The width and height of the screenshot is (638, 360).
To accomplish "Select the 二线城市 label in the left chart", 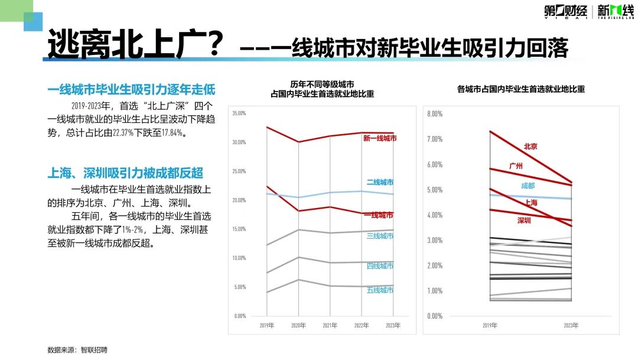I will tap(380, 183).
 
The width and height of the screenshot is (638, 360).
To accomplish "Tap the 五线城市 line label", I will tap(380, 290).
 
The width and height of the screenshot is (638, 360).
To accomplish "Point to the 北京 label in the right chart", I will tap(530, 147).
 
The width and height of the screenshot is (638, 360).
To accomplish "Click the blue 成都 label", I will tap(528, 186).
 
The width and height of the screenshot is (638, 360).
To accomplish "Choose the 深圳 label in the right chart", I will tap(524, 220).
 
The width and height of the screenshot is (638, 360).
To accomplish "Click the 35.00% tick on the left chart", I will tap(239, 113).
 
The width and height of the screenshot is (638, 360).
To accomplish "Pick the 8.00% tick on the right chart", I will tap(435, 113).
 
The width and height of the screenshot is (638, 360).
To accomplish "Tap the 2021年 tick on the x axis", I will tap(330, 326).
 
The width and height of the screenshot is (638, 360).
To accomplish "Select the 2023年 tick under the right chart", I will tap(571, 326).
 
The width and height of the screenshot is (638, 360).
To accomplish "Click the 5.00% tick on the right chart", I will tap(435, 190).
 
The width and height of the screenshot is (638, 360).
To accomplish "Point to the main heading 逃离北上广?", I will tap(135, 44).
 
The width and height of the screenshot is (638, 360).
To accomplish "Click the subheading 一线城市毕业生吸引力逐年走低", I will tap(131, 90).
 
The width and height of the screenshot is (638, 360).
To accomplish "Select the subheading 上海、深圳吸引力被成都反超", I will tap(125, 173).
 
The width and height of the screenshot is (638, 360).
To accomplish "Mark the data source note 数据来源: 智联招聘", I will tap(77, 350).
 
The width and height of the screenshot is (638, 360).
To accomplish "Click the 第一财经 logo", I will tap(566, 11).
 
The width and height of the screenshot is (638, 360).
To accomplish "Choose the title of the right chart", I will tap(521, 90).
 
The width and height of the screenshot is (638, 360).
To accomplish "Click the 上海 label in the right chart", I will tap(530, 203).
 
